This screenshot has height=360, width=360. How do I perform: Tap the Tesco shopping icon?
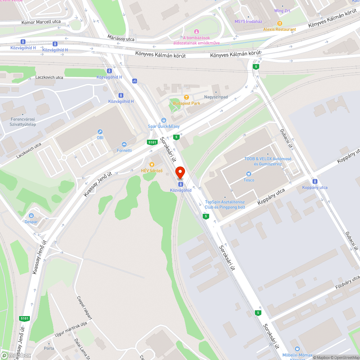(x=248, y=174)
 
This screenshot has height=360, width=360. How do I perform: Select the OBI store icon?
(x=100, y=132)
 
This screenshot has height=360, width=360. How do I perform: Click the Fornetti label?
(x=124, y=150)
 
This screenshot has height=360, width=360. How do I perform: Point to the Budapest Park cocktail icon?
(x=186, y=97)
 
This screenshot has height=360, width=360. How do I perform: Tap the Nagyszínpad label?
(x=216, y=97)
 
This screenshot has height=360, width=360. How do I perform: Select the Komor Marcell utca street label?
(x=41, y=22)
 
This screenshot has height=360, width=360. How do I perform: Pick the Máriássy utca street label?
(x=121, y=37)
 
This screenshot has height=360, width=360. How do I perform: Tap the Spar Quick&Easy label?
(x=164, y=126)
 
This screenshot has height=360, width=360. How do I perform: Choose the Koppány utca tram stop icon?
(x=315, y=181)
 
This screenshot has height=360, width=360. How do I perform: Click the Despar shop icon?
(x=31, y=216)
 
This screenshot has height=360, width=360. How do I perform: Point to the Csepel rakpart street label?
(x=85, y=308)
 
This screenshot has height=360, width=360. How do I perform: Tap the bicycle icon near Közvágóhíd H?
(x=134, y=81)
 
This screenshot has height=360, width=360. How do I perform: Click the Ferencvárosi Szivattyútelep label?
(x=23, y=122)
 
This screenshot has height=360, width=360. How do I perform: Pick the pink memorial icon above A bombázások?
(x=196, y=32)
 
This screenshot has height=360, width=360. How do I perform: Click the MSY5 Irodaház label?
(x=248, y=21)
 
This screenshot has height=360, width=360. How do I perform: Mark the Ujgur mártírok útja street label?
(x=71, y=329)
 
